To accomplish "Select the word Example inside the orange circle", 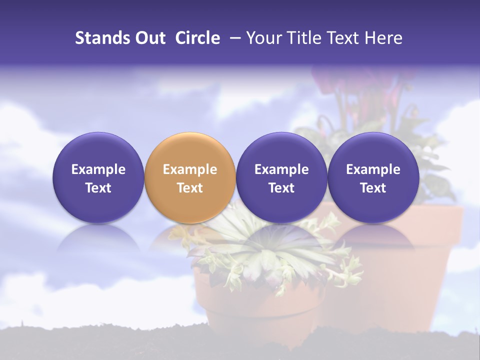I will (x=190, y=169).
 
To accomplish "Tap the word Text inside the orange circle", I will (x=190, y=188).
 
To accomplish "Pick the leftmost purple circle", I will (x=98, y=177).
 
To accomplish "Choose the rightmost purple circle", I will (x=373, y=177).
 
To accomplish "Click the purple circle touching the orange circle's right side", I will (x=281, y=177).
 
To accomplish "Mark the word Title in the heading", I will (x=305, y=38).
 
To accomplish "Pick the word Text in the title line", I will (x=346, y=38).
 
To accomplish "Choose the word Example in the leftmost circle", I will (x=98, y=169).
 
